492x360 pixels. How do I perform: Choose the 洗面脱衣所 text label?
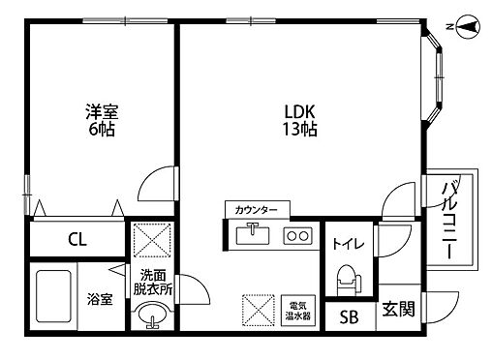[153, 281]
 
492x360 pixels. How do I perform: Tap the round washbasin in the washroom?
[152, 315]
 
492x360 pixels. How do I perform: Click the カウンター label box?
[257, 209]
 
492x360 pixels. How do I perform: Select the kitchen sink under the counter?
[254, 233]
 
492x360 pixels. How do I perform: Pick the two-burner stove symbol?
[296, 234]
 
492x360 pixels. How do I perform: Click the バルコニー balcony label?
[449, 220]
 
